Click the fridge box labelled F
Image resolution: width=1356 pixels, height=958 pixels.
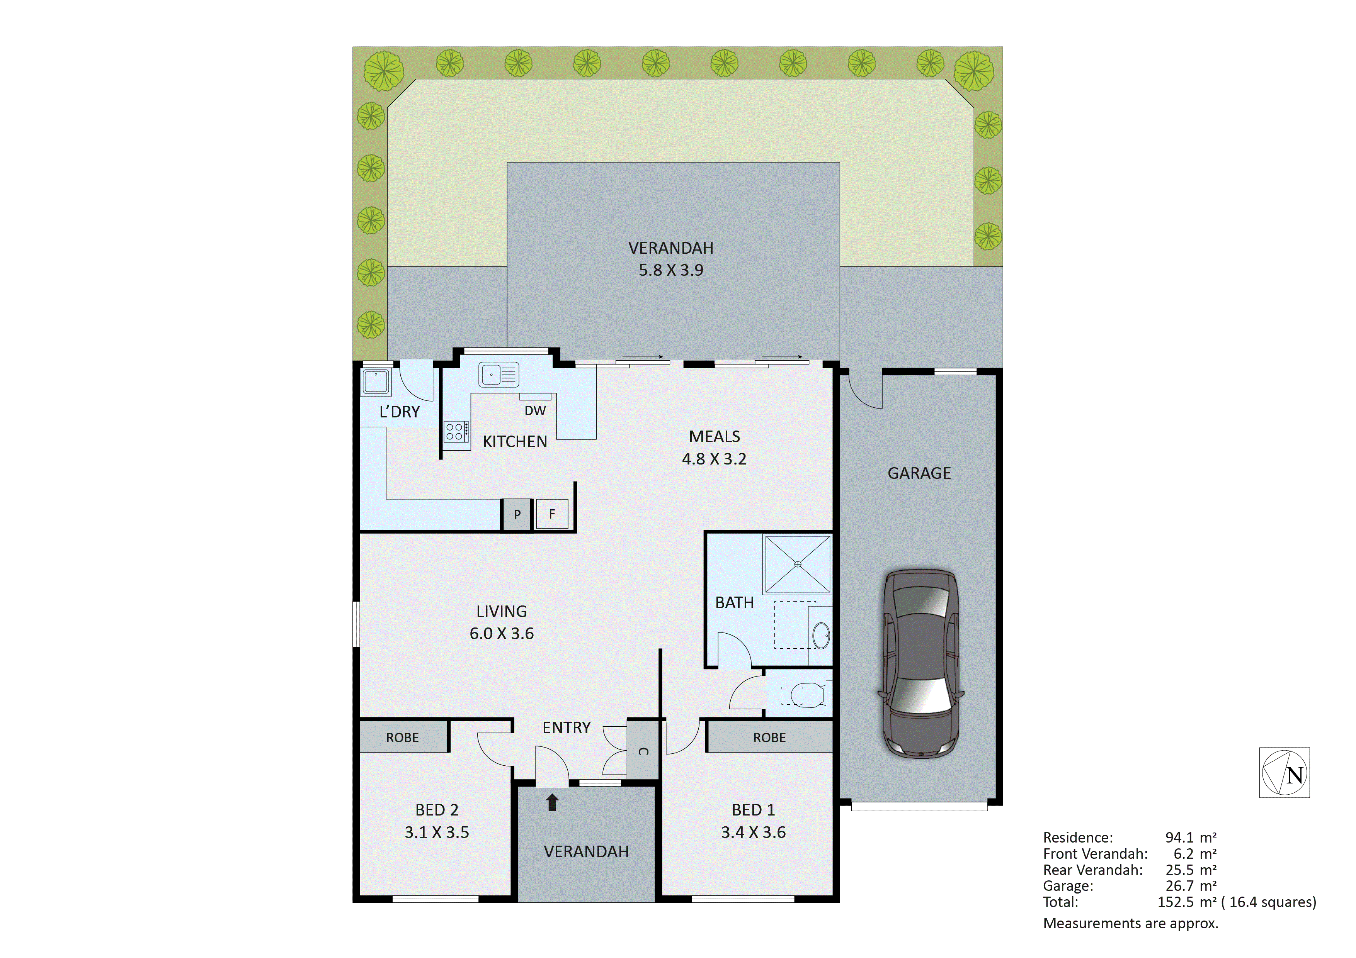[x=551, y=514]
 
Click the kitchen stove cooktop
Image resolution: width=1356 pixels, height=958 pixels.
[x=456, y=431]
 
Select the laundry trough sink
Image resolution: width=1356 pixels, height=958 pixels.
[x=376, y=382]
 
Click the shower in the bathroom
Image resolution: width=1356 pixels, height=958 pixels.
[x=797, y=564]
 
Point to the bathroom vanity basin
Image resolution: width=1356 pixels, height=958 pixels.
[x=821, y=636]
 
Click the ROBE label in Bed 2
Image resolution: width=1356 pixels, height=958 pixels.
[x=402, y=738]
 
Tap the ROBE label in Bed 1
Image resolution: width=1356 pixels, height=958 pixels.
[x=769, y=738]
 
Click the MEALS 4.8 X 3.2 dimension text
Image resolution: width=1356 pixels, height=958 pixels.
[x=714, y=459]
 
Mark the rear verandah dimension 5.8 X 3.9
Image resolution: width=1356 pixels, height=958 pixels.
[x=671, y=270]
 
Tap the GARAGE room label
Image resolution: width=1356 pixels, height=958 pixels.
[x=919, y=473]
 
